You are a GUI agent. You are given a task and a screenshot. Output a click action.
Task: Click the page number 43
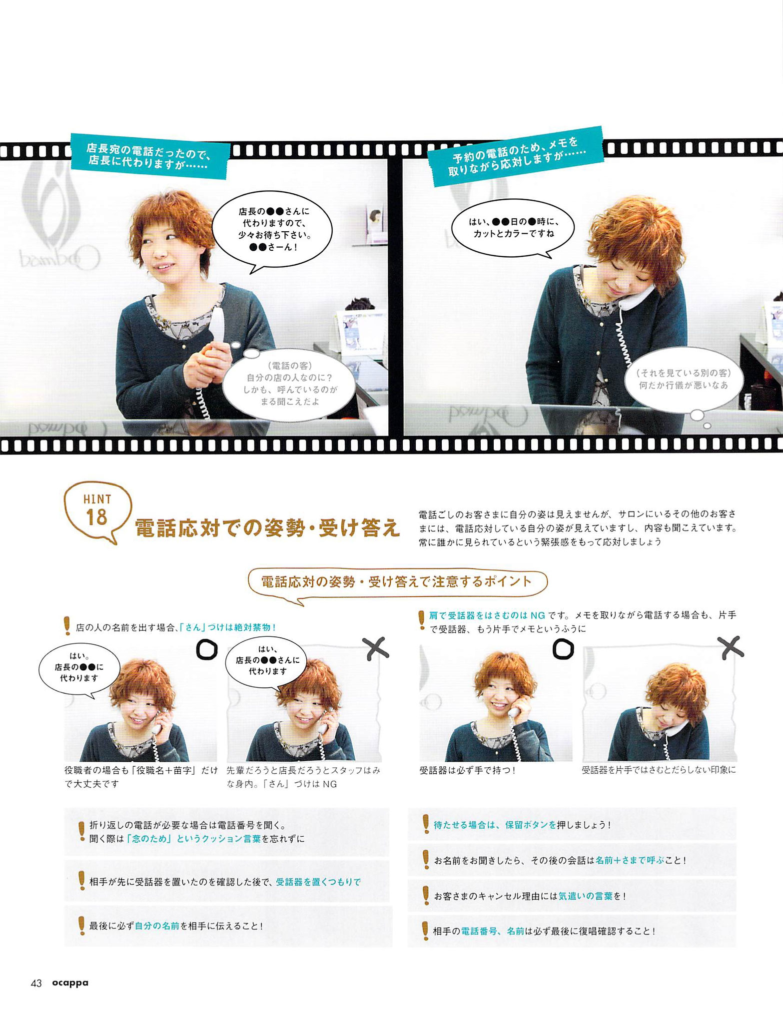(x=36, y=983)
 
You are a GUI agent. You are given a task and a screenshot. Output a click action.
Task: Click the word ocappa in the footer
(x=69, y=983)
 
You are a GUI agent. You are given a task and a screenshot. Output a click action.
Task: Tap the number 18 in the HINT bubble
(x=96, y=517)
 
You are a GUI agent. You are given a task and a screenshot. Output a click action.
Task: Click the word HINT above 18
(x=97, y=499)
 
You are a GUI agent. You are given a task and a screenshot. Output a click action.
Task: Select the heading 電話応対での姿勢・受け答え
(x=268, y=527)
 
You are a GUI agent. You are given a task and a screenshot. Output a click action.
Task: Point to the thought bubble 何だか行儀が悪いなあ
(x=684, y=381)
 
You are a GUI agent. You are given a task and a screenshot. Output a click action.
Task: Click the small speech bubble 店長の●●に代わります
(x=78, y=667)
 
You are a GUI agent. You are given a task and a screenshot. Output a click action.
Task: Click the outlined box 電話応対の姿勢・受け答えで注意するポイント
(x=397, y=582)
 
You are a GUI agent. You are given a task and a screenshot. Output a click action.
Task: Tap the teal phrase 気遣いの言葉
(x=586, y=896)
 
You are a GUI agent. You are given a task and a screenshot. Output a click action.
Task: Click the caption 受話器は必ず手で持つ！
(x=467, y=770)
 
